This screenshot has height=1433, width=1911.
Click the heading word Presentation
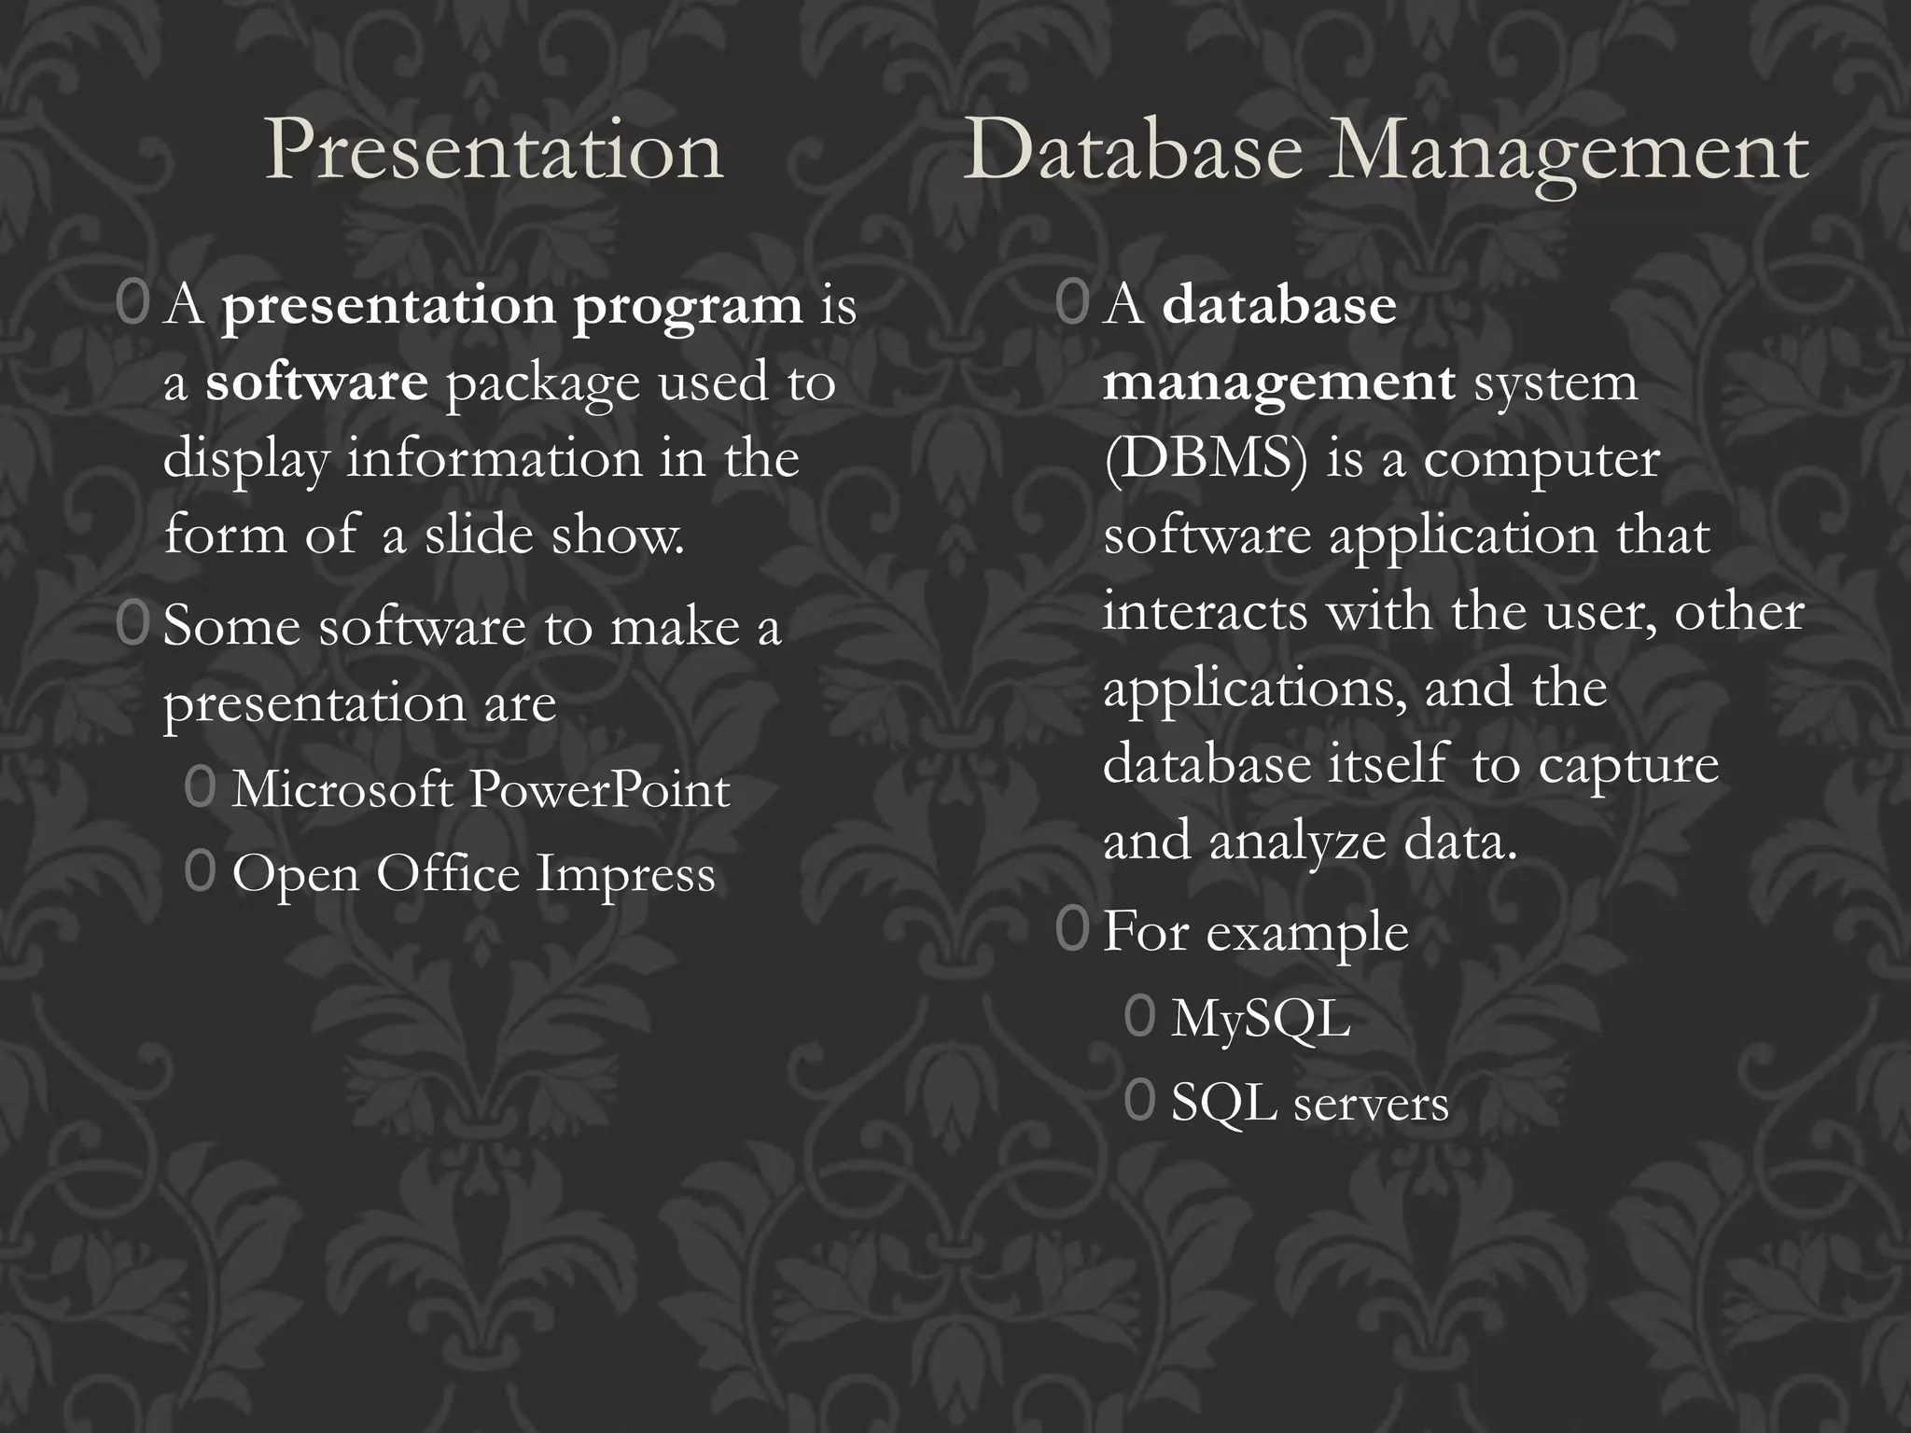click(x=495, y=150)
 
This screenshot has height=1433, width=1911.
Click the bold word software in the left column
click(x=316, y=383)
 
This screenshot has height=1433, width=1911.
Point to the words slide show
click(x=554, y=536)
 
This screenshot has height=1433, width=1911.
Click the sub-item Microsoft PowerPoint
click(x=481, y=790)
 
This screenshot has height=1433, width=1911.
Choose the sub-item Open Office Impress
click(x=473, y=874)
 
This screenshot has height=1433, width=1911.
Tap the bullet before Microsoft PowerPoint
click(x=200, y=788)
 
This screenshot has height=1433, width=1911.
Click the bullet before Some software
click(x=133, y=626)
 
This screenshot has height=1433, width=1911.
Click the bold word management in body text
click(x=1278, y=383)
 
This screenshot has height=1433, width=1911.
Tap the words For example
click(x=1255, y=932)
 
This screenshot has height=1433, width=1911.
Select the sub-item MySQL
click(x=1261, y=1018)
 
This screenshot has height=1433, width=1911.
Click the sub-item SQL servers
click(x=1309, y=1103)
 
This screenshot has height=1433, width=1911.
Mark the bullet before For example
click(x=1072, y=930)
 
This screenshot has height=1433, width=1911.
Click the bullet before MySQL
click(x=1139, y=1017)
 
